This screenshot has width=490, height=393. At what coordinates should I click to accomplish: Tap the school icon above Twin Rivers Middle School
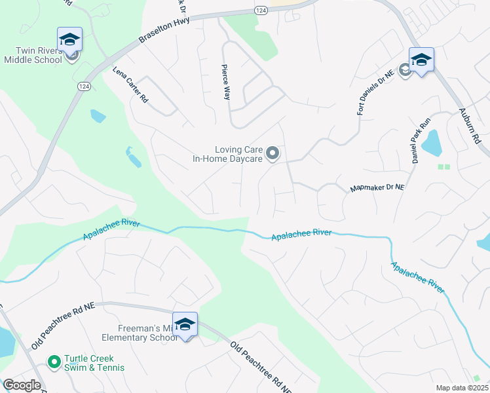(69, 39)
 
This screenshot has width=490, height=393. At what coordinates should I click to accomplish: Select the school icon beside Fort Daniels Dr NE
(421, 61)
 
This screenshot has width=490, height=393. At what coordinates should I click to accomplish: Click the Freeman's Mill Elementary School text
(139, 333)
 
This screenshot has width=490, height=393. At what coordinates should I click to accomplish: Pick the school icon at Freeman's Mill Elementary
(185, 324)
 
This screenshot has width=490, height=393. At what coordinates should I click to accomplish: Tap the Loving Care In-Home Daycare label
(227, 154)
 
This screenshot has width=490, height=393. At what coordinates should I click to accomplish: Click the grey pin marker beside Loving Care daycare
(273, 154)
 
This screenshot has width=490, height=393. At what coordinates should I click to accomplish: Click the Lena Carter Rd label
(130, 88)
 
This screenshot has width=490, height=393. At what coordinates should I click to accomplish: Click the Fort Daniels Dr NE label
(369, 96)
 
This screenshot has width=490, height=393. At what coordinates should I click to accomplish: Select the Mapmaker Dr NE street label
(377, 188)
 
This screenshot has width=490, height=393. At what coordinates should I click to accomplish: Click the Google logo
(22, 385)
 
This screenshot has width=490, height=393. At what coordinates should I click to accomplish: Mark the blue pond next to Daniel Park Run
(432, 142)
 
